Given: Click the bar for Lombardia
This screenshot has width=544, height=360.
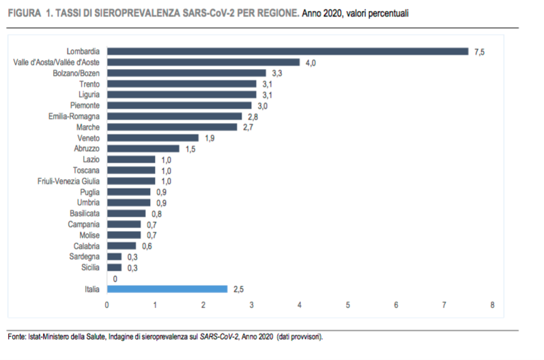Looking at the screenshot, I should (287, 51).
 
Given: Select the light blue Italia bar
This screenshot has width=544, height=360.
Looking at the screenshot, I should (167, 289).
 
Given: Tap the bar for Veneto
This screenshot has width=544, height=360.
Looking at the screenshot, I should (153, 137).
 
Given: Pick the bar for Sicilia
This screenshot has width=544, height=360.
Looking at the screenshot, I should (114, 267).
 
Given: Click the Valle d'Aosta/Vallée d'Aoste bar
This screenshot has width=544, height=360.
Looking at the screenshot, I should (203, 62).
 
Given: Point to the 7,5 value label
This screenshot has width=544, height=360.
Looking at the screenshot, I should (479, 51).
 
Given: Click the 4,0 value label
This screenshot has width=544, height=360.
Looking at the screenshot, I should (311, 62).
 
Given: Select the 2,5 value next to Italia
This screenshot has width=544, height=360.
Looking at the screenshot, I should (238, 289).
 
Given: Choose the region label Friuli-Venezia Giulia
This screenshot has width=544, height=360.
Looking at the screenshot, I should (68, 181).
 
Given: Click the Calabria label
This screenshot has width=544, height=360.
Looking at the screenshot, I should (87, 246).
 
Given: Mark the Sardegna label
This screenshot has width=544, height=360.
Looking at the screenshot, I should (85, 257).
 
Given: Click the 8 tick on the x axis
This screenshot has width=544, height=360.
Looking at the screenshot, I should (492, 305).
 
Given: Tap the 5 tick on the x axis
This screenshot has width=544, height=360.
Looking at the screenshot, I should (347, 305).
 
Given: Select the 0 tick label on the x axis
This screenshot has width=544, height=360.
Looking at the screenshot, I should (106, 305).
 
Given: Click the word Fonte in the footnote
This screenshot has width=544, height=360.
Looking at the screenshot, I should (17, 337).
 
